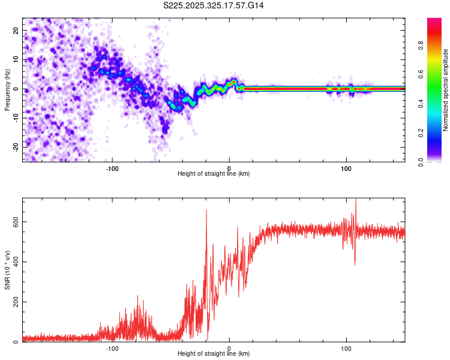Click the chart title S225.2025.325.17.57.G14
(214, 5)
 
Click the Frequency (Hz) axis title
(7, 89)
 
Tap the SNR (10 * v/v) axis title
(7, 269)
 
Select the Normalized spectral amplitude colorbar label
(446, 89)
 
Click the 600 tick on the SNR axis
(14, 221)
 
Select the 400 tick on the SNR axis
(14, 262)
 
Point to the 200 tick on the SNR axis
(14, 302)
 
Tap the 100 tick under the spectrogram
(346, 168)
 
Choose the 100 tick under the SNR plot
(346, 348)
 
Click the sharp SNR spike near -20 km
(206, 210)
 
